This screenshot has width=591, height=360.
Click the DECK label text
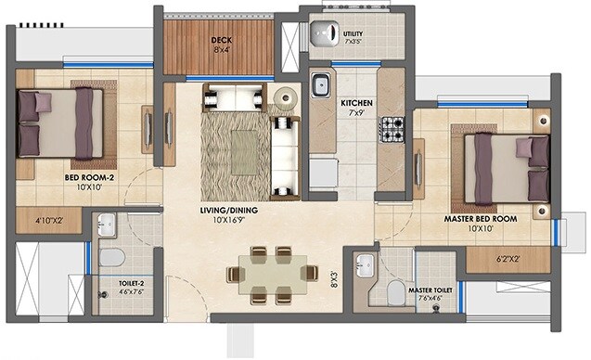(x=221, y=40)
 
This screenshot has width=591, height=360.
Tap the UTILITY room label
(x=353, y=34)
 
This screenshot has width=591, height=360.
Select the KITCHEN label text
(x=356, y=103)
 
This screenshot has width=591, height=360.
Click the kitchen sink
(x=321, y=84)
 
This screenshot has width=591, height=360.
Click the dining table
(x=263, y=276)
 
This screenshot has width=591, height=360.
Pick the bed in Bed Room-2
(x=60, y=123)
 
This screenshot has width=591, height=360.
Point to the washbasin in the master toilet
(x=366, y=263)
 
